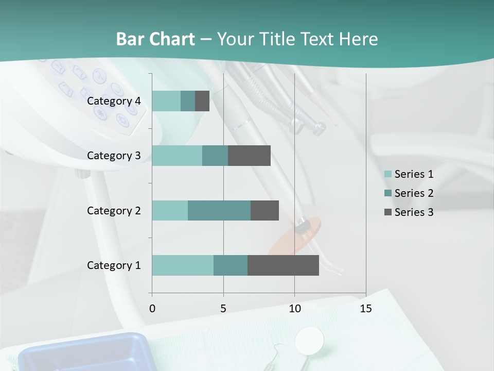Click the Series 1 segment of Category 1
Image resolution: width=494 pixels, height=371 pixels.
pyautogui.click(x=183, y=265)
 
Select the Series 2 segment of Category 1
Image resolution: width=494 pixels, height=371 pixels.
pyautogui.click(x=231, y=265)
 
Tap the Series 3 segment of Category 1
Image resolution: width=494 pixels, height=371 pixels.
pyautogui.click(x=283, y=265)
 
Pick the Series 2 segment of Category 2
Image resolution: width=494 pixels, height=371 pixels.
pyautogui.click(x=219, y=210)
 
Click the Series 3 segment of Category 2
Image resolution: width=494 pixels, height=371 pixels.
pyautogui.click(x=264, y=210)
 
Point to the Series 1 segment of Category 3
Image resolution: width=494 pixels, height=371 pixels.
pyautogui.click(x=177, y=156)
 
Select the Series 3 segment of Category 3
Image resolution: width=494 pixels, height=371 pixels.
pyautogui.click(x=249, y=156)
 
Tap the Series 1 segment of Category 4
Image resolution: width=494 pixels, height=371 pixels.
pyautogui.click(x=166, y=101)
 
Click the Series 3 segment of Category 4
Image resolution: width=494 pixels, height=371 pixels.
pyautogui.click(x=202, y=101)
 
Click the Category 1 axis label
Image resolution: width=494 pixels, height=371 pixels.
pyautogui.click(x=114, y=265)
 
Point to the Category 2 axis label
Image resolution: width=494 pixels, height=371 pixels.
pyautogui.click(x=114, y=210)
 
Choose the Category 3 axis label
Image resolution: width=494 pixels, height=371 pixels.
pyautogui.click(x=114, y=156)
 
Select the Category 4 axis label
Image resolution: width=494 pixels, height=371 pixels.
pyautogui.click(x=114, y=101)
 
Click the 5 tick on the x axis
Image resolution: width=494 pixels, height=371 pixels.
pyautogui.click(x=223, y=309)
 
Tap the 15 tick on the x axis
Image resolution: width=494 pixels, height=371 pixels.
pyautogui.click(x=365, y=309)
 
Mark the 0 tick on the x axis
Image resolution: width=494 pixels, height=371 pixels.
pyautogui.click(x=152, y=309)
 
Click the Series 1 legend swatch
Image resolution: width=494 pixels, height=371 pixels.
pyautogui.click(x=387, y=174)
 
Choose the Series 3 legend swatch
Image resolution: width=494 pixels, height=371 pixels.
pyautogui.click(x=387, y=212)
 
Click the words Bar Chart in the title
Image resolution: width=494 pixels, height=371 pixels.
pyautogui.click(x=155, y=39)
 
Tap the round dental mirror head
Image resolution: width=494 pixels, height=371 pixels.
pyautogui.click(x=310, y=339)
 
